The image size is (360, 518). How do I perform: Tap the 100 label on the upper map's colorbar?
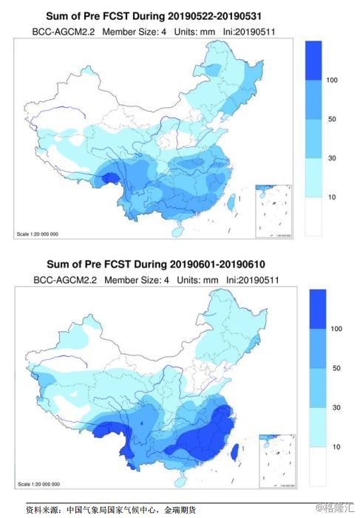click(332, 79)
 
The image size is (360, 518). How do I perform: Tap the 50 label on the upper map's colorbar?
click(332, 118)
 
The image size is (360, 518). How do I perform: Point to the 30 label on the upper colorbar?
click(332, 158)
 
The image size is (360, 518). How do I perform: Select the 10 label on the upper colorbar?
click(332, 197)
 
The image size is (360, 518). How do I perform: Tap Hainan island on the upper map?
click(177, 230)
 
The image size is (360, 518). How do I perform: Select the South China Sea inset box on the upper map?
click(274, 211)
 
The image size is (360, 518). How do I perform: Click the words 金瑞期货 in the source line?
click(180, 509)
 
